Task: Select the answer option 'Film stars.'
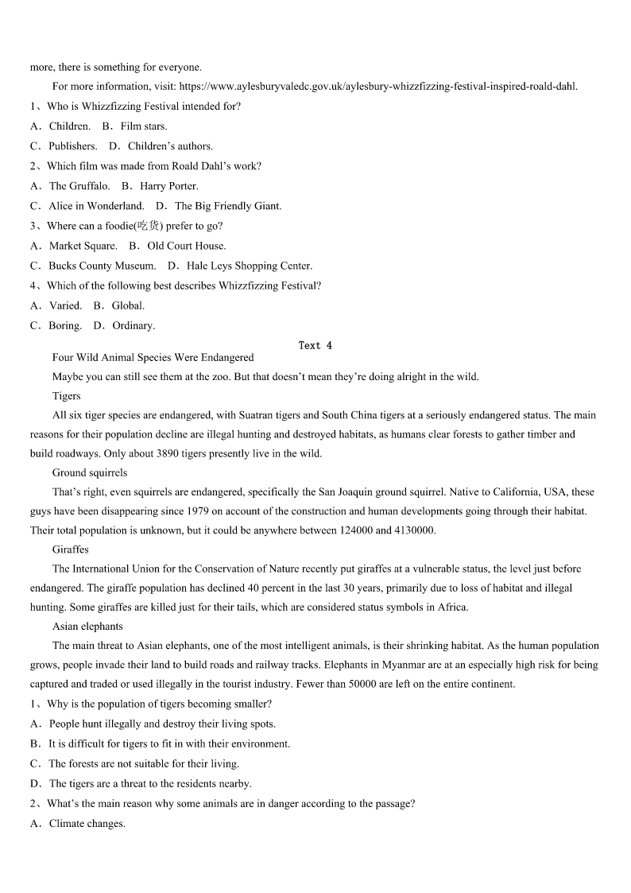pyautogui.click(x=143, y=126)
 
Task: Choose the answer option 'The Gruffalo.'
pyautogui.click(x=79, y=186)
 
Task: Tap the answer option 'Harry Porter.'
pyautogui.click(x=168, y=186)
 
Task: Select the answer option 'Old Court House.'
pyautogui.click(x=186, y=246)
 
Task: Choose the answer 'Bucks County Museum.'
pyautogui.click(x=102, y=266)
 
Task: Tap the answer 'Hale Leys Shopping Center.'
pyautogui.click(x=249, y=266)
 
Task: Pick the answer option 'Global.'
pyautogui.click(x=128, y=305)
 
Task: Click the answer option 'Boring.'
pyautogui.click(x=65, y=325)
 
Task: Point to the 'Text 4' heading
pyautogui.click(x=315, y=345)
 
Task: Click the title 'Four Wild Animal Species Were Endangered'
pyautogui.click(x=153, y=358)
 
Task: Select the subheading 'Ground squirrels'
pyautogui.click(x=90, y=473)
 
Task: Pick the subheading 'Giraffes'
pyautogui.click(x=71, y=549)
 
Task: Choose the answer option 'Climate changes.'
pyautogui.click(x=87, y=824)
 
